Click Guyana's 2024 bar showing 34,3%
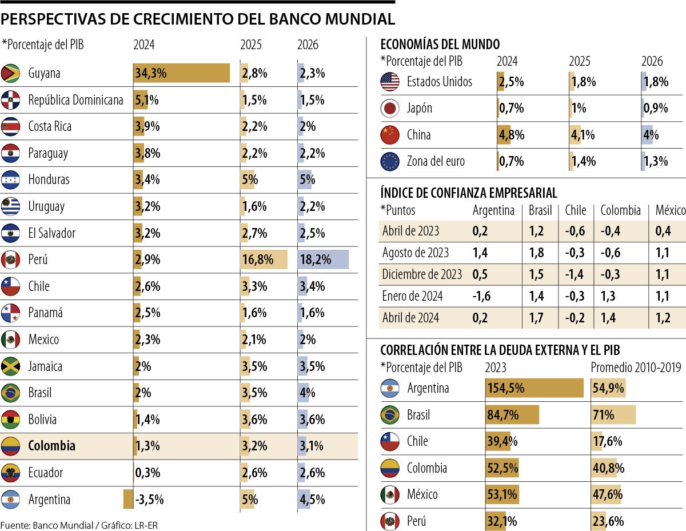coord(181,73)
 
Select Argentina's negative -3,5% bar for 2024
coord(128,499)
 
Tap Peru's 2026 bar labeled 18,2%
coord(323,259)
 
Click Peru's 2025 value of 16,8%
coord(257,259)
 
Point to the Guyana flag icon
coord(11,73)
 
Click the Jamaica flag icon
coord(11,366)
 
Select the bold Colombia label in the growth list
coord(51,446)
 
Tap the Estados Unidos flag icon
coord(390,82)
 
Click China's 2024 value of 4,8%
coord(511,135)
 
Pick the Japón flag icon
coord(390,109)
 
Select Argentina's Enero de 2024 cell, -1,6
coord(481,296)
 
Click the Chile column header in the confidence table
coord(575,210)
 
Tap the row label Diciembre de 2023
coord(422,274)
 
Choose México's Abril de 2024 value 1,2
coord(663,318)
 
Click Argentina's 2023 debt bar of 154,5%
coord(534,388)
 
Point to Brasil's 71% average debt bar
coord(613,415)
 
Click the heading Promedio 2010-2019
coord(636,368)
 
